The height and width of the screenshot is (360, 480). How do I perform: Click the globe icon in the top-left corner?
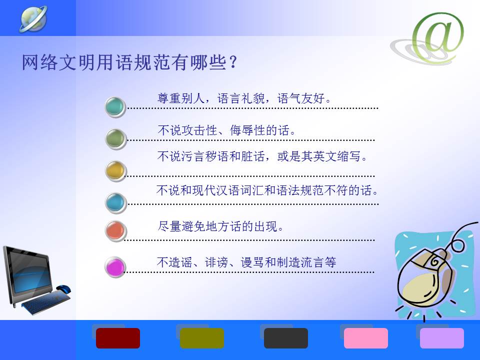click(x=33, y=19)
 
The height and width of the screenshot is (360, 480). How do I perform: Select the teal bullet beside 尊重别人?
click(x=115, y=107)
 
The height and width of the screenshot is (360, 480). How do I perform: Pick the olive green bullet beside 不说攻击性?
click(x=115, y=139)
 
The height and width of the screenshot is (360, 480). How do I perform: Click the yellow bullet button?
click(x=115, y=171)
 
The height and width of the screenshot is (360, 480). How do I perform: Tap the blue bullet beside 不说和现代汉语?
click(x=115, y=202)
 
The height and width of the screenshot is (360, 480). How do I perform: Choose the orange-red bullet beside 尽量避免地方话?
click(x=115, y=231)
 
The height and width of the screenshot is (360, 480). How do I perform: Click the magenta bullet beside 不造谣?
click(x=115, y=267)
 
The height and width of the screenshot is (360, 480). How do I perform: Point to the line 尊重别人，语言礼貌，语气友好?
click(x=244, y=98)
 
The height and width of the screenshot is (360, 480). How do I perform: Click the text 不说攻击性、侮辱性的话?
click(x=226, y=130)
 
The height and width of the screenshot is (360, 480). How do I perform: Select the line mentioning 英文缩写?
click(x=262, y=156)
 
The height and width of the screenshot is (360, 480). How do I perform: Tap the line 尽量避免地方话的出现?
click(x=220, y=226)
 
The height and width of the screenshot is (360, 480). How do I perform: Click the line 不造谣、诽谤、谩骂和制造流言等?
click(x=246, y=262)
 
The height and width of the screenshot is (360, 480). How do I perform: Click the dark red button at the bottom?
click(x=118, y=338)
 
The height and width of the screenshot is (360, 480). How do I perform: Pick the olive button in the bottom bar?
click(x=201, y=338)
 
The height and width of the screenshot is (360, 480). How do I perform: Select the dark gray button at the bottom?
click(x=286, y=338)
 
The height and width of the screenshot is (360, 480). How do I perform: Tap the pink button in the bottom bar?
click(x=366, y=338)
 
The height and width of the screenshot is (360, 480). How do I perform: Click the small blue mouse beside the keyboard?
click(x=63, y=288)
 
